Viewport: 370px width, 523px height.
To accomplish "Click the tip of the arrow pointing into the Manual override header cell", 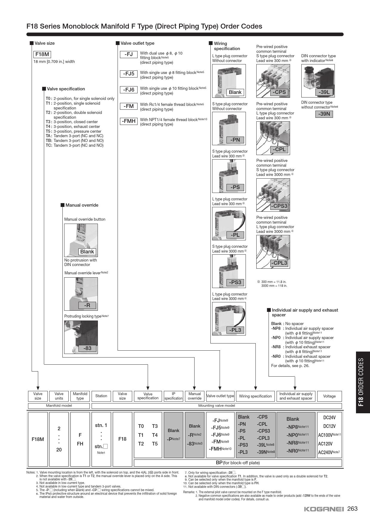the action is pos(195,390).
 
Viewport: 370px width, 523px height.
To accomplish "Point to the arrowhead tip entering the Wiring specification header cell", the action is pos(255,390).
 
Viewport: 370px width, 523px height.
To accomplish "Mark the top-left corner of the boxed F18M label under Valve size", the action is pos(33,51).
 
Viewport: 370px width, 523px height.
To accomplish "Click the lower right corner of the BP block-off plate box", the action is pos(342,466).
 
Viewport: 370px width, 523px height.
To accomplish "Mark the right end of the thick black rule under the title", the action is pos(343,34).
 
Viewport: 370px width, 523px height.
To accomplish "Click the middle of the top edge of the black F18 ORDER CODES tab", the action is pos(363,352).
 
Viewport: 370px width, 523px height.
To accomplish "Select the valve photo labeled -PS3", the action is pos(229,271).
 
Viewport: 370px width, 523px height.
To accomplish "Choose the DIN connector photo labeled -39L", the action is pos(318,81).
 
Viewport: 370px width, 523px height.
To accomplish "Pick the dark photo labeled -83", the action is pos(81,337).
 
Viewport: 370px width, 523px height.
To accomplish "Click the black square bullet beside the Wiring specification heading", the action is pos(211,43).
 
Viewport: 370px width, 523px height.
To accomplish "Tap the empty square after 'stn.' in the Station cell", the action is pos(105,446).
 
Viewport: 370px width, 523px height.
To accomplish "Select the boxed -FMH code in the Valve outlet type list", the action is pos(129,121).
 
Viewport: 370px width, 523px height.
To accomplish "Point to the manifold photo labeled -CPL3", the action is pos(273,252).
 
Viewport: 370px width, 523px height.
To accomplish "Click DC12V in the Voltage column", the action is pos(329,426).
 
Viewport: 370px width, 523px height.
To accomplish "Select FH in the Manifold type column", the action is pos(80,444).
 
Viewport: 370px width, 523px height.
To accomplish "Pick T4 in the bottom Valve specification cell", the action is pos(155,435).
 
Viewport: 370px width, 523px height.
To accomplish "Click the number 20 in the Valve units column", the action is pos(59,450).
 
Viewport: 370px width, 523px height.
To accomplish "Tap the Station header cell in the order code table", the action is pos(101,396).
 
